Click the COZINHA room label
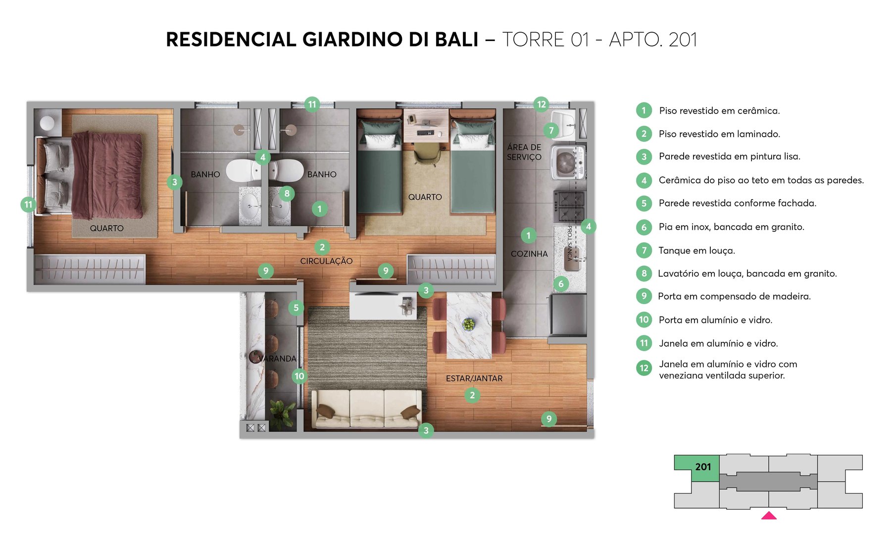pyautogui.click(x=529, y=254)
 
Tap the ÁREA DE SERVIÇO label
pyautogui.click(x=524, y=152)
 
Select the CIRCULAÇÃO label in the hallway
pyautogui.click(x=326, y=261)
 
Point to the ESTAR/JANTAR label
pyautogui.click(x=474, y=378)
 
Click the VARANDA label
pyautogui.click(x=277, y=359)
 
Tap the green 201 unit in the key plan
pyautogui.click(x=703, y=467)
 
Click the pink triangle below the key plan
pyautogui.click(x=768, y=516)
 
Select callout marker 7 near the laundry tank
pyautogui.click(x=551, y=131)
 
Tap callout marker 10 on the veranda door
pyautogui.click(x=299, y=376)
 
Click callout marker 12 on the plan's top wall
pyautogui.click(x=541, y=105)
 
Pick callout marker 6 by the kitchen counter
pyautogui.click(x=560, y=284)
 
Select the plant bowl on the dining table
pyautogui.click(x=468, y=324)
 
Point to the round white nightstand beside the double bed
pyautogui.click(x=47, y=123)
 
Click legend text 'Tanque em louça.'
pyautogui.click(x=696, y=251)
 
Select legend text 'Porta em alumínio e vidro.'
pyautogui.click(x=715, y=320)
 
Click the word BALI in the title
pyautogui.click(x=456, y=40)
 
